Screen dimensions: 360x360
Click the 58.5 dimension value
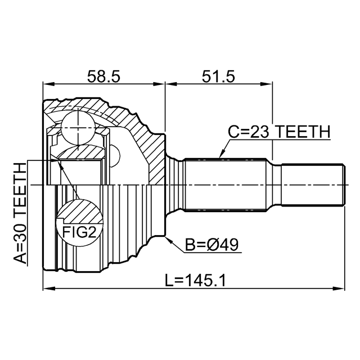coord(103,76)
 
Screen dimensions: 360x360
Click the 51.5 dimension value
coord(218,76)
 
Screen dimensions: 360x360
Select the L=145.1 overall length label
coord(195,280)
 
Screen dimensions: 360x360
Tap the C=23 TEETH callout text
coord(279,132)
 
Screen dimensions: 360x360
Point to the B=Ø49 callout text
coord(212,245)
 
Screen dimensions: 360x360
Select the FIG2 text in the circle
coord(79,232)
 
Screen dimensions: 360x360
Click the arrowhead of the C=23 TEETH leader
coord(221,155)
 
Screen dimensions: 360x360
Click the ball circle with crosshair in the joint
coord(78,128)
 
